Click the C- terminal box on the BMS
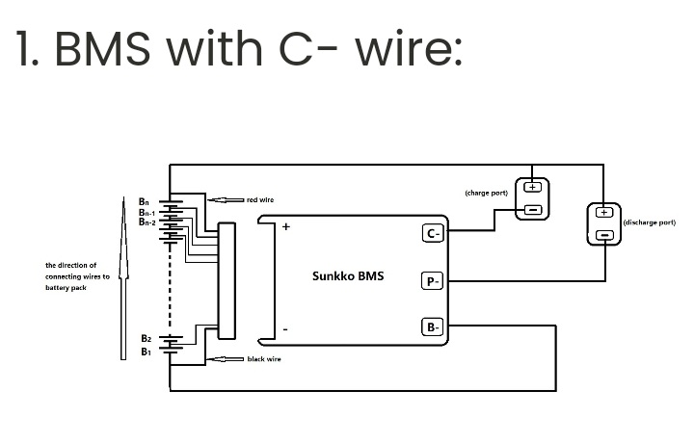coord(433,233)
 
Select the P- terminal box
coord(433,281)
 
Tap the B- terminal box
coord(433,327)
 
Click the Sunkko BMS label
coord(348,276)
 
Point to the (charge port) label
coord(486,193)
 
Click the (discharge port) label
coord(649,222)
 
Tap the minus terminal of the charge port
coord(532,209)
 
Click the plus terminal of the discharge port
coord(604,213)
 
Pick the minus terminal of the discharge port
coord(604,235)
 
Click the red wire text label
coord(260,199)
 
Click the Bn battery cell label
coord(144,201)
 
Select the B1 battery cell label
coord(146,352)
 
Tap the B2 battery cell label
coord(146,338)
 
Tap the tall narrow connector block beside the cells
coord(227,281)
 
